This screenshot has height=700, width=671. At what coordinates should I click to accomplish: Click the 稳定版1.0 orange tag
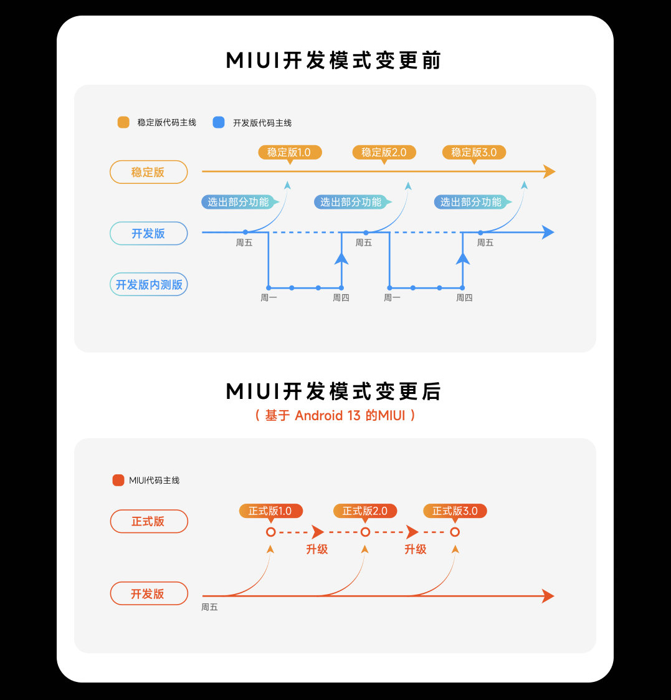coord(289,152)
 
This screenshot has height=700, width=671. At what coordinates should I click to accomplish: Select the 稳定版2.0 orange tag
coord(384,152)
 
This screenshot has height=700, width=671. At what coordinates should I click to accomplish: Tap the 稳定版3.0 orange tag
coord(474,152)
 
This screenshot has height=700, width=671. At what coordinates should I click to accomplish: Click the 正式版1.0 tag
coord(270,511)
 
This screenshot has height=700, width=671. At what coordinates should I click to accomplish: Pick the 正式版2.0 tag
coord(365,511)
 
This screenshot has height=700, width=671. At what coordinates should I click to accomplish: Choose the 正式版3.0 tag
coord(455,511)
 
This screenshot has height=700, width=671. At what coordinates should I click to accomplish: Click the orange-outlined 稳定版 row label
coord(148,172)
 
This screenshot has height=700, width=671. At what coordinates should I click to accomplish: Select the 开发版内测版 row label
coord(148,285)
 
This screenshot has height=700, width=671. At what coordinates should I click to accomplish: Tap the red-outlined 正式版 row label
coord(148,521)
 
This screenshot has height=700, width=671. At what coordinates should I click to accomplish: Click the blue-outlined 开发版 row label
coord(148,233)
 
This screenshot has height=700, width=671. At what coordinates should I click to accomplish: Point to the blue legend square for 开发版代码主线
coord(219,123)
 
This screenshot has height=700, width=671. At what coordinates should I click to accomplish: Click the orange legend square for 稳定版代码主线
coord(123,123)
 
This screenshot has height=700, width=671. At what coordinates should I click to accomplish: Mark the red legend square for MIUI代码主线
coord(118,480)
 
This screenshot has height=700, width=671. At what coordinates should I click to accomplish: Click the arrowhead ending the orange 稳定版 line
coord(548,172)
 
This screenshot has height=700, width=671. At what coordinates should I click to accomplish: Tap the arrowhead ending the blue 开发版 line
coord(548,233)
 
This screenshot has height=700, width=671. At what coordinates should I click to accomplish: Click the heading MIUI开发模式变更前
coord(334,61)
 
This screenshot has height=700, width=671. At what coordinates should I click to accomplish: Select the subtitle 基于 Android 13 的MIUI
coord(335,415)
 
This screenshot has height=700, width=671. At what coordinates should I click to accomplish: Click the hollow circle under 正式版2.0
coord(365,532)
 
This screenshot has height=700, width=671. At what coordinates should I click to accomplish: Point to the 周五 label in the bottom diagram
coord(209,607)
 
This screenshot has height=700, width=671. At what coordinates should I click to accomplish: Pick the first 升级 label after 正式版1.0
coord(316,549)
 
